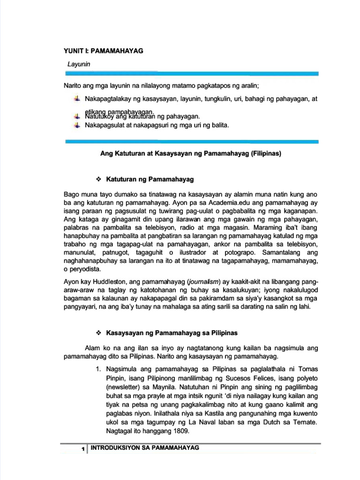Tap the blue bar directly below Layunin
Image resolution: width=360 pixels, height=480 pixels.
192,74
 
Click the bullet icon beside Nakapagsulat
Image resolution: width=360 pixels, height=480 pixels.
77,125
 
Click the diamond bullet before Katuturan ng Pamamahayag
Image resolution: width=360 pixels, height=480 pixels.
98,179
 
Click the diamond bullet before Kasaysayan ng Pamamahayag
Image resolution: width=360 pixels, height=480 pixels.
98,333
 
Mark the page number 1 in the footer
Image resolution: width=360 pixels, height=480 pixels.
82,450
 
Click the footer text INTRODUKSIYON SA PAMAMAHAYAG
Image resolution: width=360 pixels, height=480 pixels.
145,448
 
